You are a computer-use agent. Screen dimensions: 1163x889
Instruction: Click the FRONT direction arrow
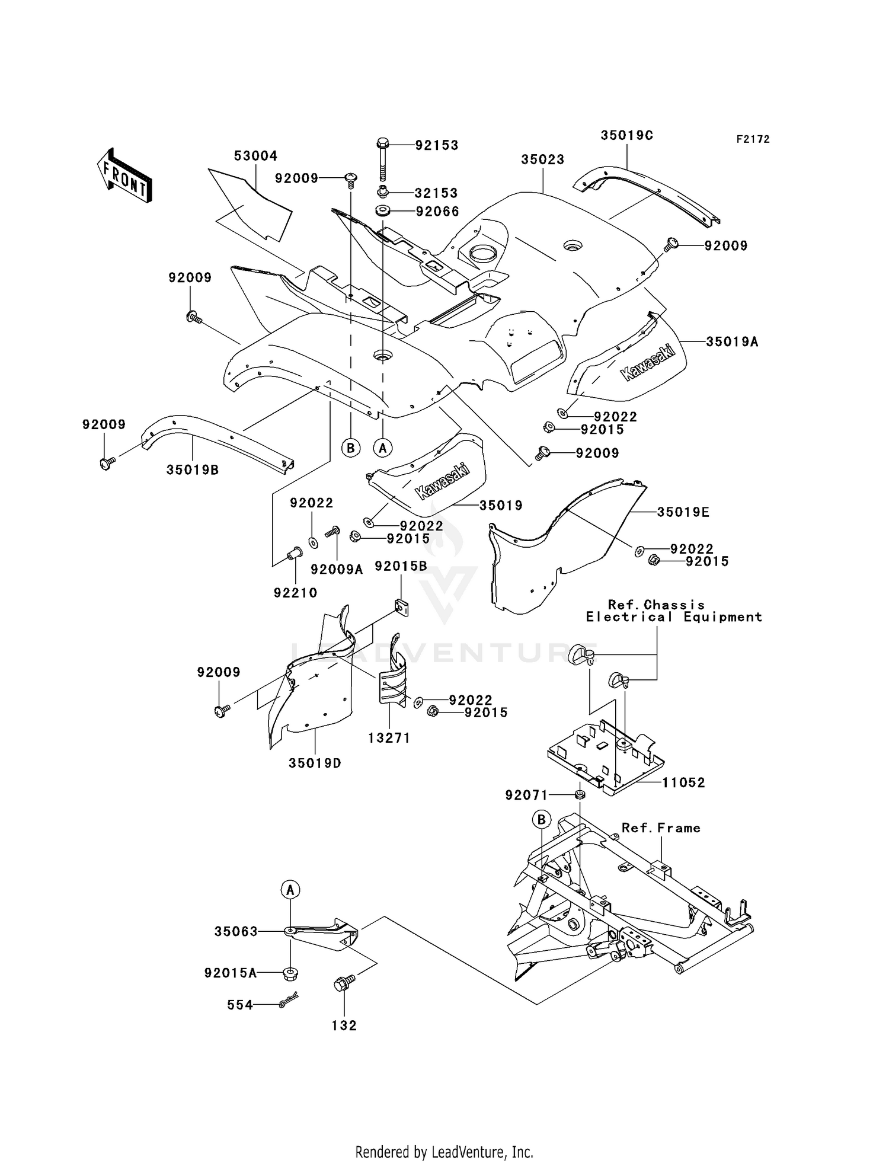click(x=125, y=175)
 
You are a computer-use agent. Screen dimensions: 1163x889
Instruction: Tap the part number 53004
click(x=255, y=156)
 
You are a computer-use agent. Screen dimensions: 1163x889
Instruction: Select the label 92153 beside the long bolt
click(x=437, y=145)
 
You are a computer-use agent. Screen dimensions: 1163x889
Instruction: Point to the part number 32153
click(x=436, y=193)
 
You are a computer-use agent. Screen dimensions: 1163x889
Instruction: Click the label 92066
click(x=437, y=212)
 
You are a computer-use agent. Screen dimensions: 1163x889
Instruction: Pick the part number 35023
click(x=543, y=159)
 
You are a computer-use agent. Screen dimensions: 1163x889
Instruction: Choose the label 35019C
click(x=626, y=135)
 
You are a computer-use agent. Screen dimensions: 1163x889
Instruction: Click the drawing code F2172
click(x=753, y=139)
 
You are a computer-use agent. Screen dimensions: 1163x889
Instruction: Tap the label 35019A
click(x=732, y=341)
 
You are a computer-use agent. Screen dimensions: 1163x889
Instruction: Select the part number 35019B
click(x=193, y=470)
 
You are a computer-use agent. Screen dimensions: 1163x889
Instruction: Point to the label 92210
click(x=295, y=593)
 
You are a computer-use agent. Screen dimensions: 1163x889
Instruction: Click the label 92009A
click(x=337, y=570)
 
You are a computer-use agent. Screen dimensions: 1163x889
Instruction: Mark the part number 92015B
click(x=401, y=566)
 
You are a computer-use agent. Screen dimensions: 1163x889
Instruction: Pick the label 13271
click(x=389, y=738)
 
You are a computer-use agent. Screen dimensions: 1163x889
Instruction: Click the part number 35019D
click(x=315, y=763)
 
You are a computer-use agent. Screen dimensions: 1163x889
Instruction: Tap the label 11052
click(x=683, y=782)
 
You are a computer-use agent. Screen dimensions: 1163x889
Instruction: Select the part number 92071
click(x=527, y=795)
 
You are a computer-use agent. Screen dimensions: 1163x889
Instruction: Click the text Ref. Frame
click(x=661, y=828)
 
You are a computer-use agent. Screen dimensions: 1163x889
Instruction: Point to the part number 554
click(x=240, y=1005)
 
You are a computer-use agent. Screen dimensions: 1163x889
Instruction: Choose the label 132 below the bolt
click(x=344, y=1025)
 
